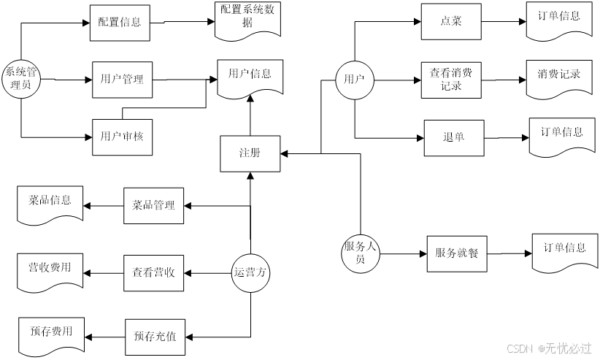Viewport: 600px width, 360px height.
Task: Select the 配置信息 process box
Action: [120, 23]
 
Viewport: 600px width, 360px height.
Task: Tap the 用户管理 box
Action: [122, 80]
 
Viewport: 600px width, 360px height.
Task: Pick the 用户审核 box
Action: [122, 136]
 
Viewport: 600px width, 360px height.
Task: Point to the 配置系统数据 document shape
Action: [247, 18]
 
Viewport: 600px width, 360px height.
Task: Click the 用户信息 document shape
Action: [250, 74]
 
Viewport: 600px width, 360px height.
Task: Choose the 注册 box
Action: [250, 153]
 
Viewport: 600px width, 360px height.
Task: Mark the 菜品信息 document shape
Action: [50, 202]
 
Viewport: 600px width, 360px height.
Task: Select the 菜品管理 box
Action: [153, 206]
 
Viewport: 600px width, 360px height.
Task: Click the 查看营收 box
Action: [153, 273]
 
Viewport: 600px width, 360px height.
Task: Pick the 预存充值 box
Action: [155, 337]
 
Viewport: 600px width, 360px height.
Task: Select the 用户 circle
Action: [354, 79]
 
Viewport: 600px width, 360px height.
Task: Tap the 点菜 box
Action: [451, 22]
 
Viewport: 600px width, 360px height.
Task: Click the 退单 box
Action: [454, 138]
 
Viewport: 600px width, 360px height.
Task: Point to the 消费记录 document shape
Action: [559, 75]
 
